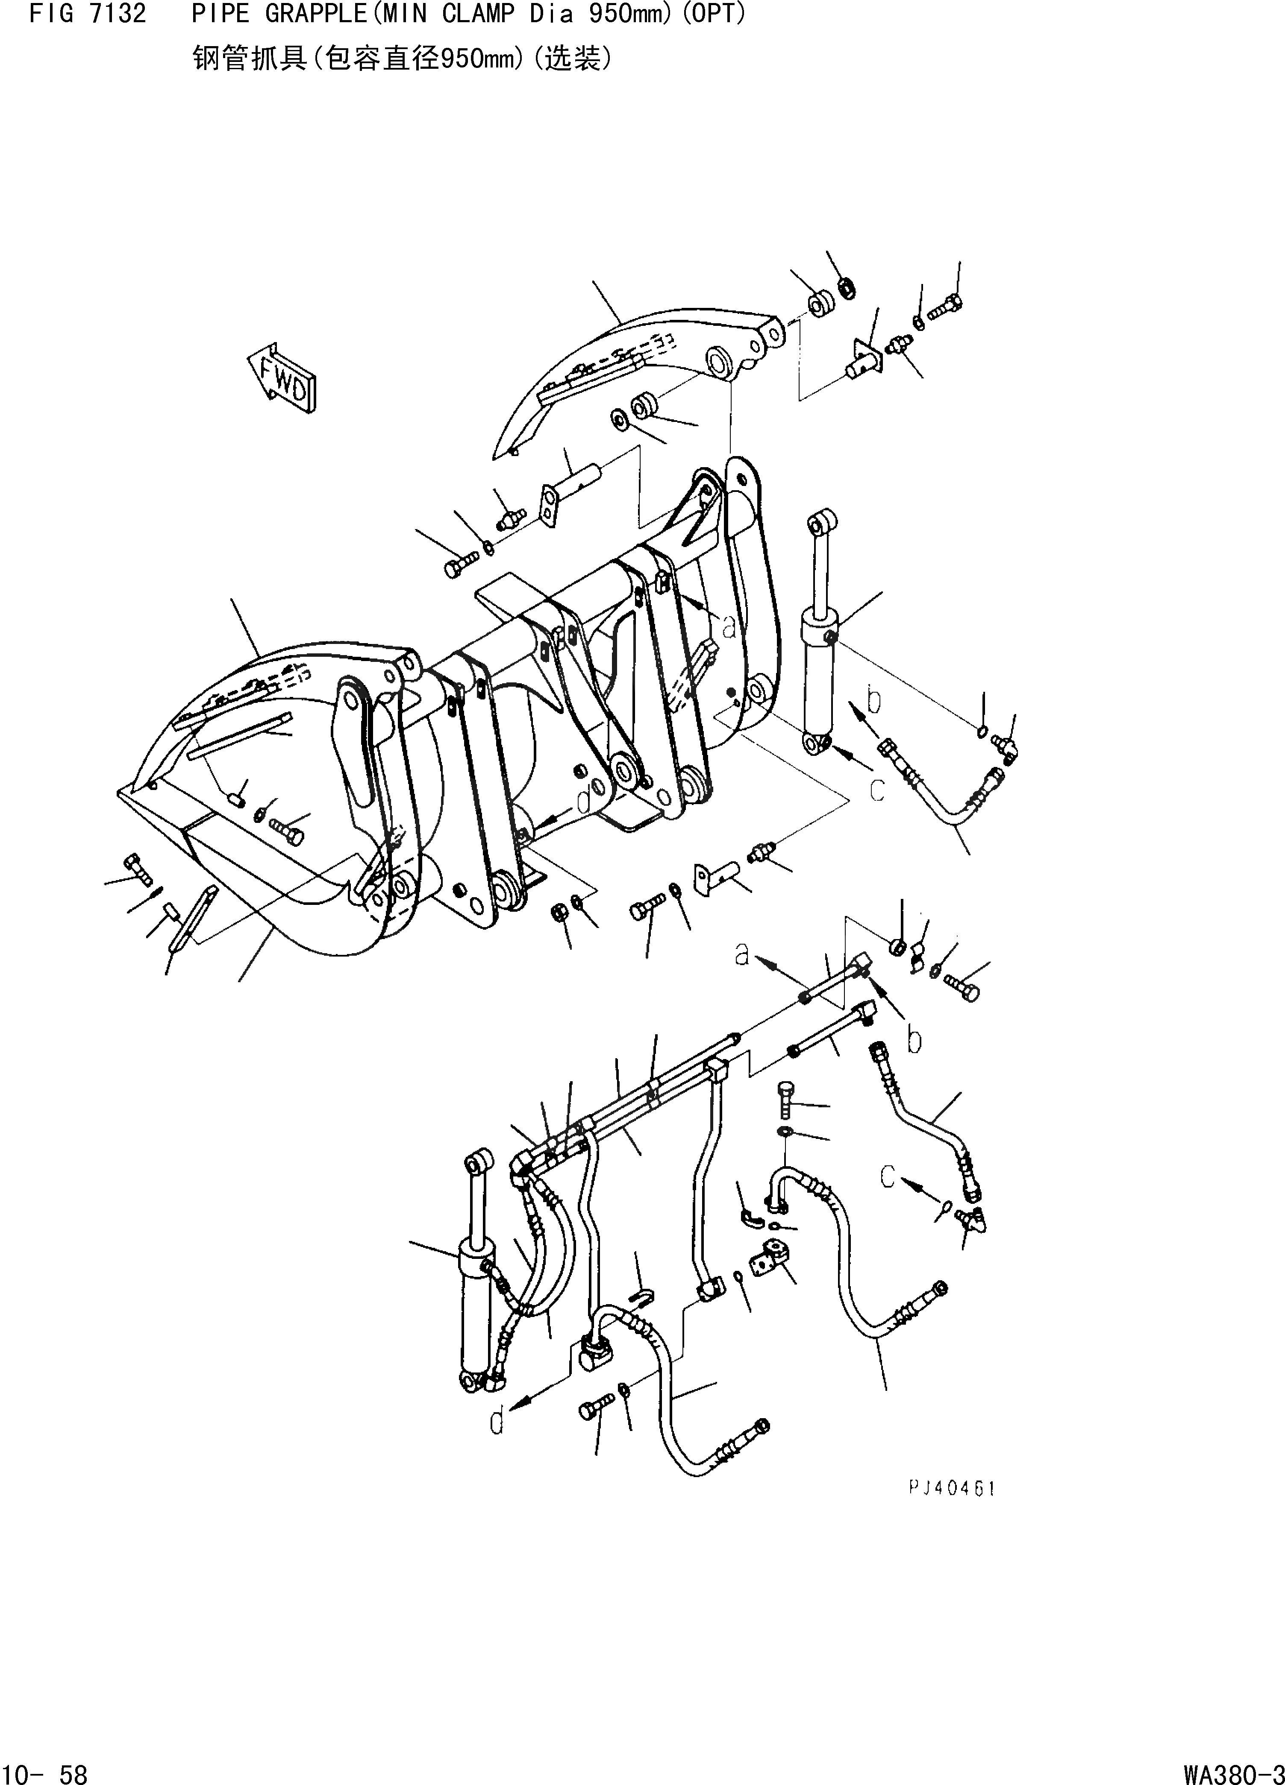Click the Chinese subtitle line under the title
(402, 59)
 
